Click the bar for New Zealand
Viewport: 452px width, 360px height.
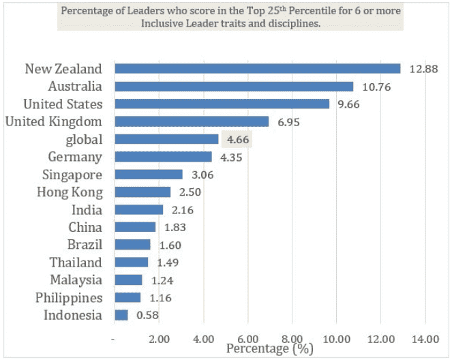tap(257, 69)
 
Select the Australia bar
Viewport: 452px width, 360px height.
tap(234, 87)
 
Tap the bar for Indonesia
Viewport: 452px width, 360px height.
tap(121, 315)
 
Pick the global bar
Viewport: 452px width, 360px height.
tap(166, 139)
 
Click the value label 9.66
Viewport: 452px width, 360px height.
tap(348, 104)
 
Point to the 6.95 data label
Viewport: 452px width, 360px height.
tap(288, 122)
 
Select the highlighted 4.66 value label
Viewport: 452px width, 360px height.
tap(237, 139)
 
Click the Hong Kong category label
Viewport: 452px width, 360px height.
tap(69, 192)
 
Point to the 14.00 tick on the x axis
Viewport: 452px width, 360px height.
tap(425, 339)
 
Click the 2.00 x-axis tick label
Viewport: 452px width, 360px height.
tap(159, 339)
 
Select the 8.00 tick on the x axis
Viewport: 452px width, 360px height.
tap(292, 339)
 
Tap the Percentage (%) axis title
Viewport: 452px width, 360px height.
tap(270, 348)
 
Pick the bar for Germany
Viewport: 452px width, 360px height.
tap(163, 157)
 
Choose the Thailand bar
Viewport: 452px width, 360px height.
tap(131, 262)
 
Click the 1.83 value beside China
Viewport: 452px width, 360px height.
tap(175, 227)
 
